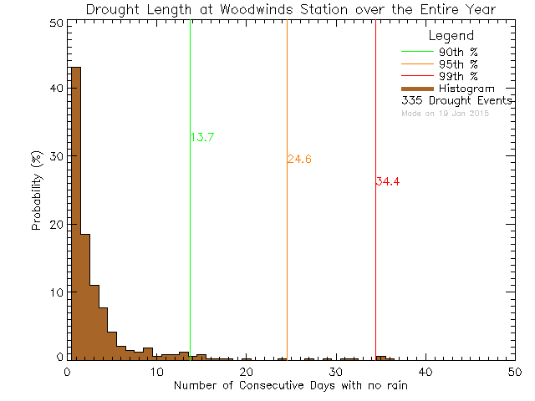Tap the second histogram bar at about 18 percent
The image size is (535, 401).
point(85,297)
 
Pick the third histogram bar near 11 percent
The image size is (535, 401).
point(94,322)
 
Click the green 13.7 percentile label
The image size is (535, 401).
point(202,138)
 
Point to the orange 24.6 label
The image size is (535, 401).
point(299,160)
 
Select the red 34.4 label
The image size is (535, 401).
point(388,181)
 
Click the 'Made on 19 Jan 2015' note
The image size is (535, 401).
point(445,113)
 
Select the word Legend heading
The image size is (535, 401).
point(451,37)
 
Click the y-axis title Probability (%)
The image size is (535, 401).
point(37,191)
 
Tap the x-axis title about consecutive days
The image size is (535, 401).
point(291,385)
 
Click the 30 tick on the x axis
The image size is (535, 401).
point(335,371)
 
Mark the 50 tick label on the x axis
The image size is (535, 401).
point(515,371)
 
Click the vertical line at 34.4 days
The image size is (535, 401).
point(375,251)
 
